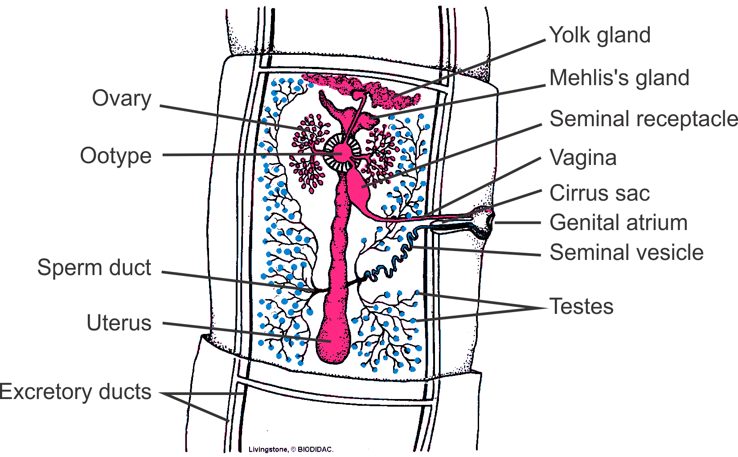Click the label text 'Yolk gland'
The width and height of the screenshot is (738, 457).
pyautogui.click(x=599, y=35)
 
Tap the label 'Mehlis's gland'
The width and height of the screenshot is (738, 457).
pyautogui.click(x=619, y=78)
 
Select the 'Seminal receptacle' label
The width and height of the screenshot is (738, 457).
pyautogui.click(x=643, y=119)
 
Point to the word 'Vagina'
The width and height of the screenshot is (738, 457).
pyautogui.click(x=583, y=157)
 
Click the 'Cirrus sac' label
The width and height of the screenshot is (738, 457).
pyautogui.click(x=599, y=194)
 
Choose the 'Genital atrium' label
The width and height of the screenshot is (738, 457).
pyautogui.click(x=618, y=222)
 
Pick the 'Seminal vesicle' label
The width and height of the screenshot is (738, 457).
pyautogui.click(x=626, y=252)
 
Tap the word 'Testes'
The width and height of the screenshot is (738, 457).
pyautogui.click(x=581, y=307)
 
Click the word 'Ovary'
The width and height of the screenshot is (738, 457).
pyautogui.click(x=121, y=99)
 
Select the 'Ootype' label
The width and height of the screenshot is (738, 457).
pyautogui.click(x=115, y=156)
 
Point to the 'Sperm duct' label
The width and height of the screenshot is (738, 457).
pyautogui.click(x=94, y=268)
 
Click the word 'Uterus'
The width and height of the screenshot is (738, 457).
pyautogui.click(x=119, y=323)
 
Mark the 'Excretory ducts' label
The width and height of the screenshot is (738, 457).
pyautogui.click(x=76, y=392)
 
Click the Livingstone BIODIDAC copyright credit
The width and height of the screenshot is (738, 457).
pyautogui.click(x=291, y=449)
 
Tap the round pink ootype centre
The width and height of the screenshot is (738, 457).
pyautogui.click(x=342, y=152)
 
